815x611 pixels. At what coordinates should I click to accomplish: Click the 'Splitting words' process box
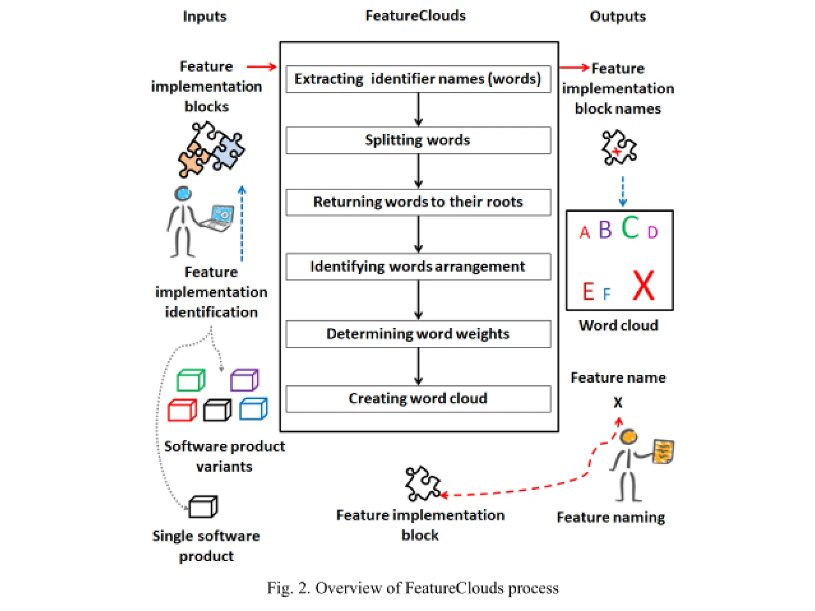tap(418, 140)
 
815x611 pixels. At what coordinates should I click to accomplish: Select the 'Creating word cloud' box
tap(418, 399)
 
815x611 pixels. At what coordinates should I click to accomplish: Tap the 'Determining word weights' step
tap(418, 334)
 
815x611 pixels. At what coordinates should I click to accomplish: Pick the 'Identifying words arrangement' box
tap(418, 267)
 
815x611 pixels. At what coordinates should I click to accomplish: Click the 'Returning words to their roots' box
tap(418, 202)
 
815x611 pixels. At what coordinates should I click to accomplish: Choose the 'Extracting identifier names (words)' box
tap(418, 79)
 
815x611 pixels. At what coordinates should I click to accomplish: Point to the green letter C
tap(630, 228)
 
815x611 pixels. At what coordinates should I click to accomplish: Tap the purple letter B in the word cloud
tap(605, 230)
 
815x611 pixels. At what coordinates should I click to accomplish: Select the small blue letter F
tap(606, 294)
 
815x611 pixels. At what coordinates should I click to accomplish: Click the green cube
tap(191, 380)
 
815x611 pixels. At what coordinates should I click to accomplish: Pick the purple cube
tap(244, 380)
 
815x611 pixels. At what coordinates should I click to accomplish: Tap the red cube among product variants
tap(182, 410)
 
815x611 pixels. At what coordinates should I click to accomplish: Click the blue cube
tap(253, 409)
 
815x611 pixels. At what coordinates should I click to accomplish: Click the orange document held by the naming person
tap(663, 451)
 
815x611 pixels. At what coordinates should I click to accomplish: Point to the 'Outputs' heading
tap(617, 16)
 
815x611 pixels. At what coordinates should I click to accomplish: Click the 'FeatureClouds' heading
tap(415, 16)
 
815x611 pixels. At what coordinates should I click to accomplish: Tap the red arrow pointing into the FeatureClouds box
tap(261, 67)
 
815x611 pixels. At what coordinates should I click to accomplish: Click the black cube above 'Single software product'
tap(203, 507)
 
